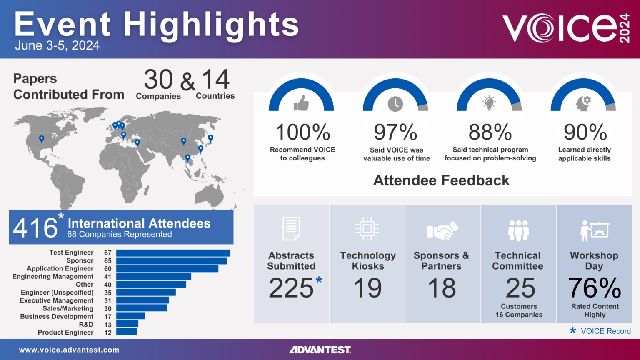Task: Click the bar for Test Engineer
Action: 173,253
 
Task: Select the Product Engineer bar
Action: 126,332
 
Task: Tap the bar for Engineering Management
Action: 153,277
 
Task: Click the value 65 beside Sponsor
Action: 108,261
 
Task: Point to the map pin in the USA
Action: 41,139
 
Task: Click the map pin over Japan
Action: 210,138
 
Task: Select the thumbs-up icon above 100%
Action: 301,103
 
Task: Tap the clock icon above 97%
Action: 395,104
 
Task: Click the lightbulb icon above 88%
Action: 489,102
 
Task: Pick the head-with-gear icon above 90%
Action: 583,103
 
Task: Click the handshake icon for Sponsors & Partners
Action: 442,230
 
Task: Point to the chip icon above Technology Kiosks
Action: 367,228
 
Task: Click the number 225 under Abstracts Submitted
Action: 291,288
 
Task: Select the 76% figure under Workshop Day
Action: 595,288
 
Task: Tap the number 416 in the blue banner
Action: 35,228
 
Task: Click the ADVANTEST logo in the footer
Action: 320,350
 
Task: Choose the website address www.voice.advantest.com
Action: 69,350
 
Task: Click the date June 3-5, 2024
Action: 57,45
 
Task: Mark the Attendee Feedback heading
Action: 441,180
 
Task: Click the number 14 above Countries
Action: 215,80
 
